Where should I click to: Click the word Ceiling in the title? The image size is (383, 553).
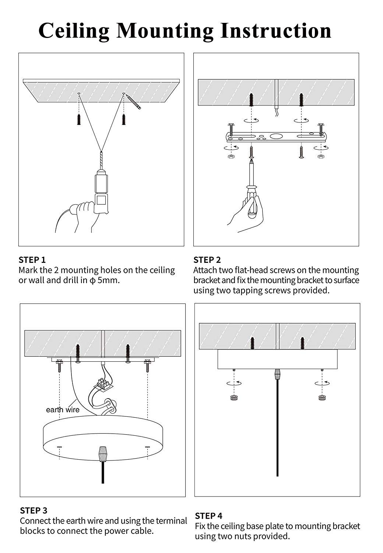[x=74, y=31]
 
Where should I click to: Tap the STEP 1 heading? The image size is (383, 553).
[x=32, y=260]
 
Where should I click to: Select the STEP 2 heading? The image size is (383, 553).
[x=207, y=260]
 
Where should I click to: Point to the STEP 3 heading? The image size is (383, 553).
[x=34, y=511]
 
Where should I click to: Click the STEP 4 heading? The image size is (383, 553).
[x=208, y=516]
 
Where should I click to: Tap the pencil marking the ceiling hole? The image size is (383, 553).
[x=133, y=101]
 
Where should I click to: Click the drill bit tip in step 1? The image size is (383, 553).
[x=101, y=152]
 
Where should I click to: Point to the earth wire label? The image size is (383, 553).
[x=63, y=410]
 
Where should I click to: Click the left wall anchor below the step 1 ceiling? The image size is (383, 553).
[x=79, y=119]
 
